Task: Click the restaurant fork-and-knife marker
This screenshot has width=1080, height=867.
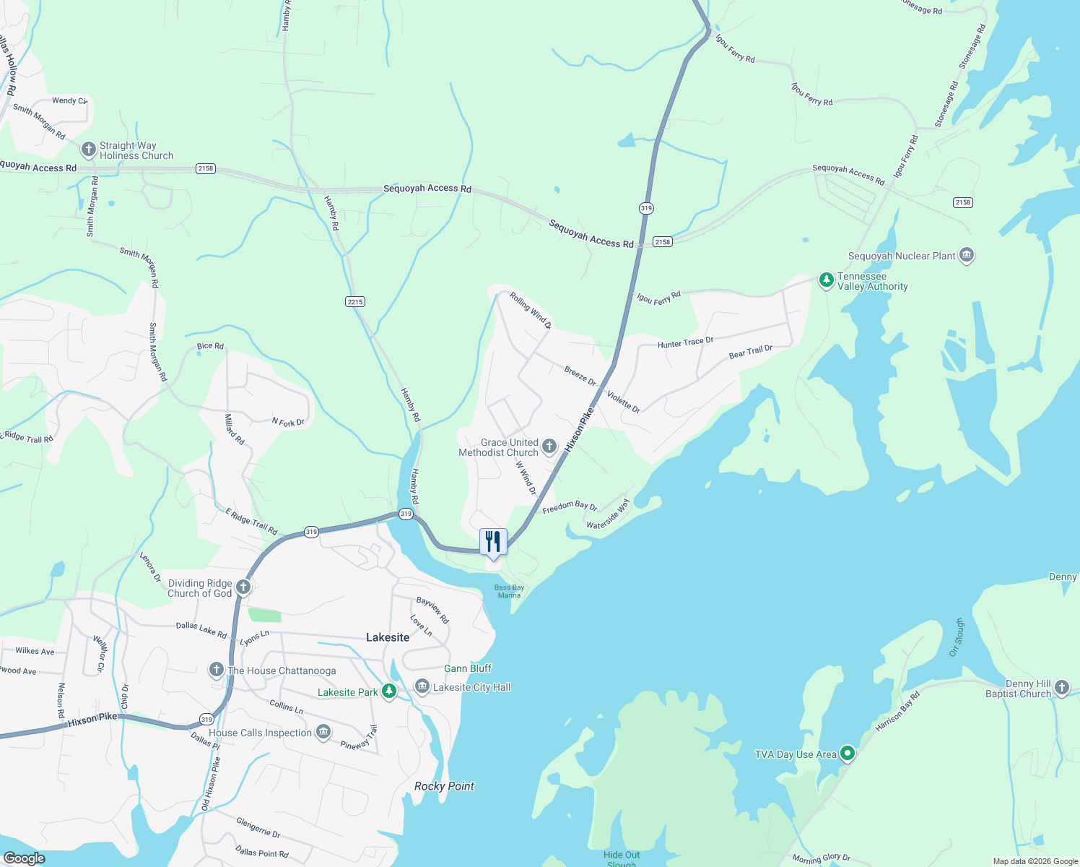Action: [x=494, y=541]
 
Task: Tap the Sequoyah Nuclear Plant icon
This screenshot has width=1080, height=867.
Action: [x=967, y=255]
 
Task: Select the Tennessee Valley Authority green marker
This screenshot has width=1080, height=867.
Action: [x=827, y=280]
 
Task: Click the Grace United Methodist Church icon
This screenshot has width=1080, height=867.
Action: [x=549, y=447]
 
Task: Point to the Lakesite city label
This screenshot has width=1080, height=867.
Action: [x=388, y=637]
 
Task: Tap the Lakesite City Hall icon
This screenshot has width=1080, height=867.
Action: [x=422, y=686]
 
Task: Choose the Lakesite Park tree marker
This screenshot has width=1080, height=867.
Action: [x=389, y=691]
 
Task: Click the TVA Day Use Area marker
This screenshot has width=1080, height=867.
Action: [x=848, y=754]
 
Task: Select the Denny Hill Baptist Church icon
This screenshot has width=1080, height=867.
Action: [x=1061, y=688]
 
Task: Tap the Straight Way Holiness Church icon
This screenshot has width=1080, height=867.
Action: [x=89, y=150]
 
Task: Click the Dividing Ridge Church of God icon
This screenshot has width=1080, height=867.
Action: [x=243, y=587]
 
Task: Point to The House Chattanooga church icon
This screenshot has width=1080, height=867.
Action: [x=216, y=670]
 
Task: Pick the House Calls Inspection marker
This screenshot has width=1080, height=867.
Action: [x=323, y=733]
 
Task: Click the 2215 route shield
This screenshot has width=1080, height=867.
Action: [x=355, y=302]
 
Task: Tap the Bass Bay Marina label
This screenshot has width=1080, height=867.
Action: [x=509, y=591]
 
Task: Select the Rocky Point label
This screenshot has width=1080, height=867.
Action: [x=444, y=786]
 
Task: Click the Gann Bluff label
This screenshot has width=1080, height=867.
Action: [x=468, y=668]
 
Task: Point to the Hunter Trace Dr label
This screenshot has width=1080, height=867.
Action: [x=685, y=342]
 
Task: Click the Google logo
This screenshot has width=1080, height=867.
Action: [x=25, y=858]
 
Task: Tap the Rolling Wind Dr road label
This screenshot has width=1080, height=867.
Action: [x=531, y=311]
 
